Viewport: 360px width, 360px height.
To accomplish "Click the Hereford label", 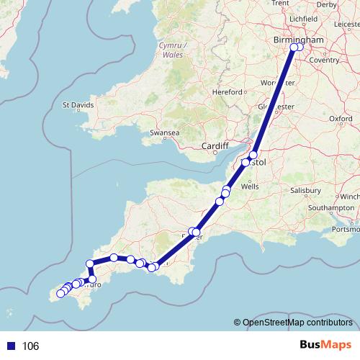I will [x=228, y=92].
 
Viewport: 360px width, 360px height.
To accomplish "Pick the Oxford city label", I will [x=340, y=118].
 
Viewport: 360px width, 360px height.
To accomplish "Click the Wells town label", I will [x=250, y=186].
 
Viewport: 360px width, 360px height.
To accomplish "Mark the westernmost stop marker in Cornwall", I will [x=60, y=293].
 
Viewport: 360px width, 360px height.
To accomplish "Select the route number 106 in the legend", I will [x=30, y=346].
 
